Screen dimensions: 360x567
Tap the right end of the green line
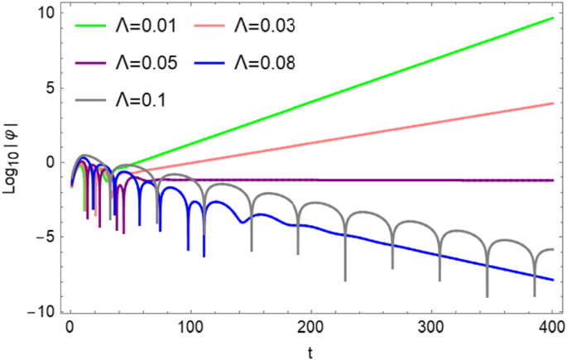(x=552, y=17)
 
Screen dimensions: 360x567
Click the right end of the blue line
(x=552, y=280)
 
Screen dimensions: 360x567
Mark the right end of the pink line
(x=552, y=103)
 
